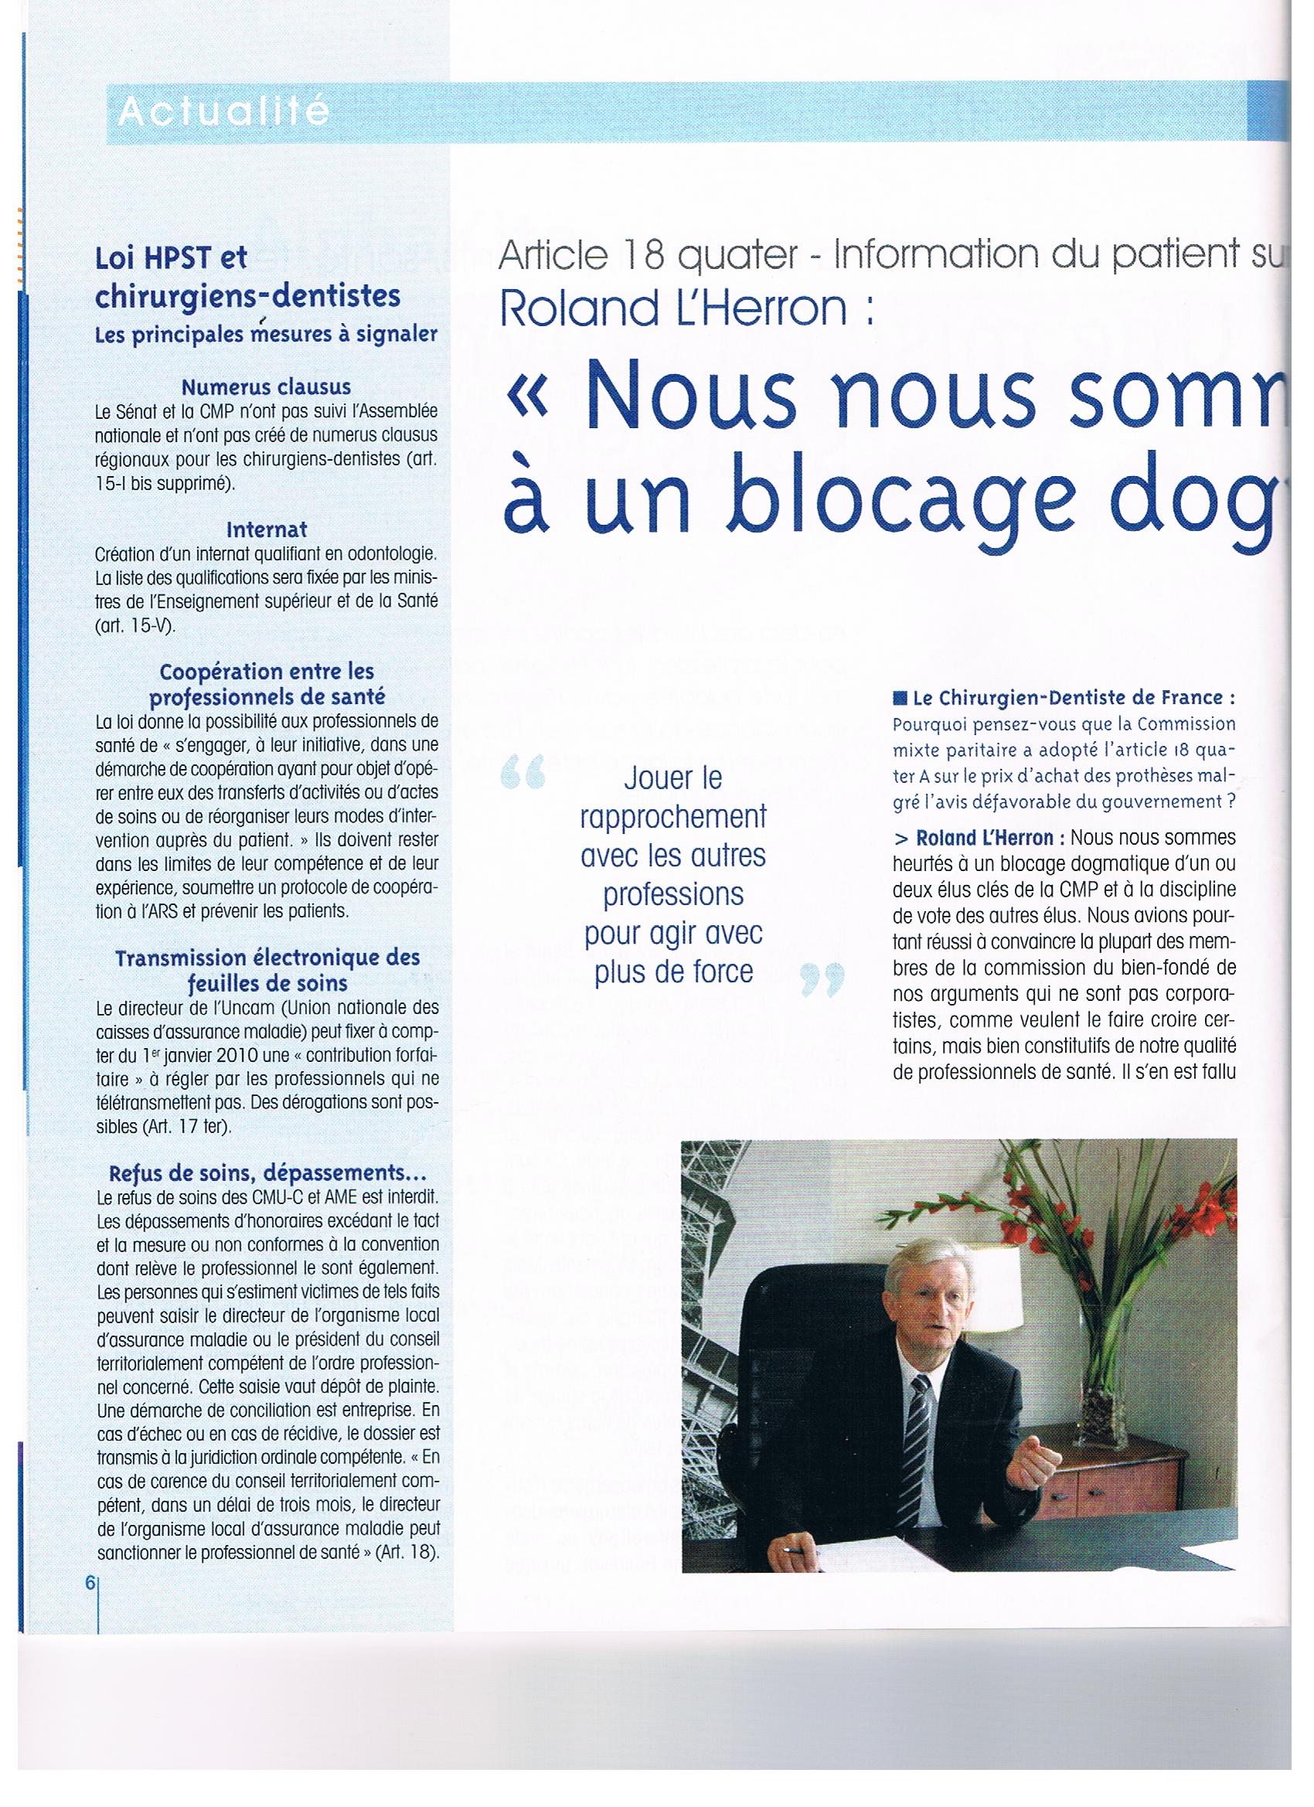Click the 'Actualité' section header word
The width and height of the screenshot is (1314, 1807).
point(224,111)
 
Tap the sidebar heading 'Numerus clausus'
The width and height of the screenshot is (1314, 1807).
point(266,387)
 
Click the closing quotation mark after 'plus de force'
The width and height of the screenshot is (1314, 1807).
point(822,981)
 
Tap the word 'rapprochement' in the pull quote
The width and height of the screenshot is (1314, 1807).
point(673,817)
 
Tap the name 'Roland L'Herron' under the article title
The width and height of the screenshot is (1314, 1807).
point(674,308)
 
